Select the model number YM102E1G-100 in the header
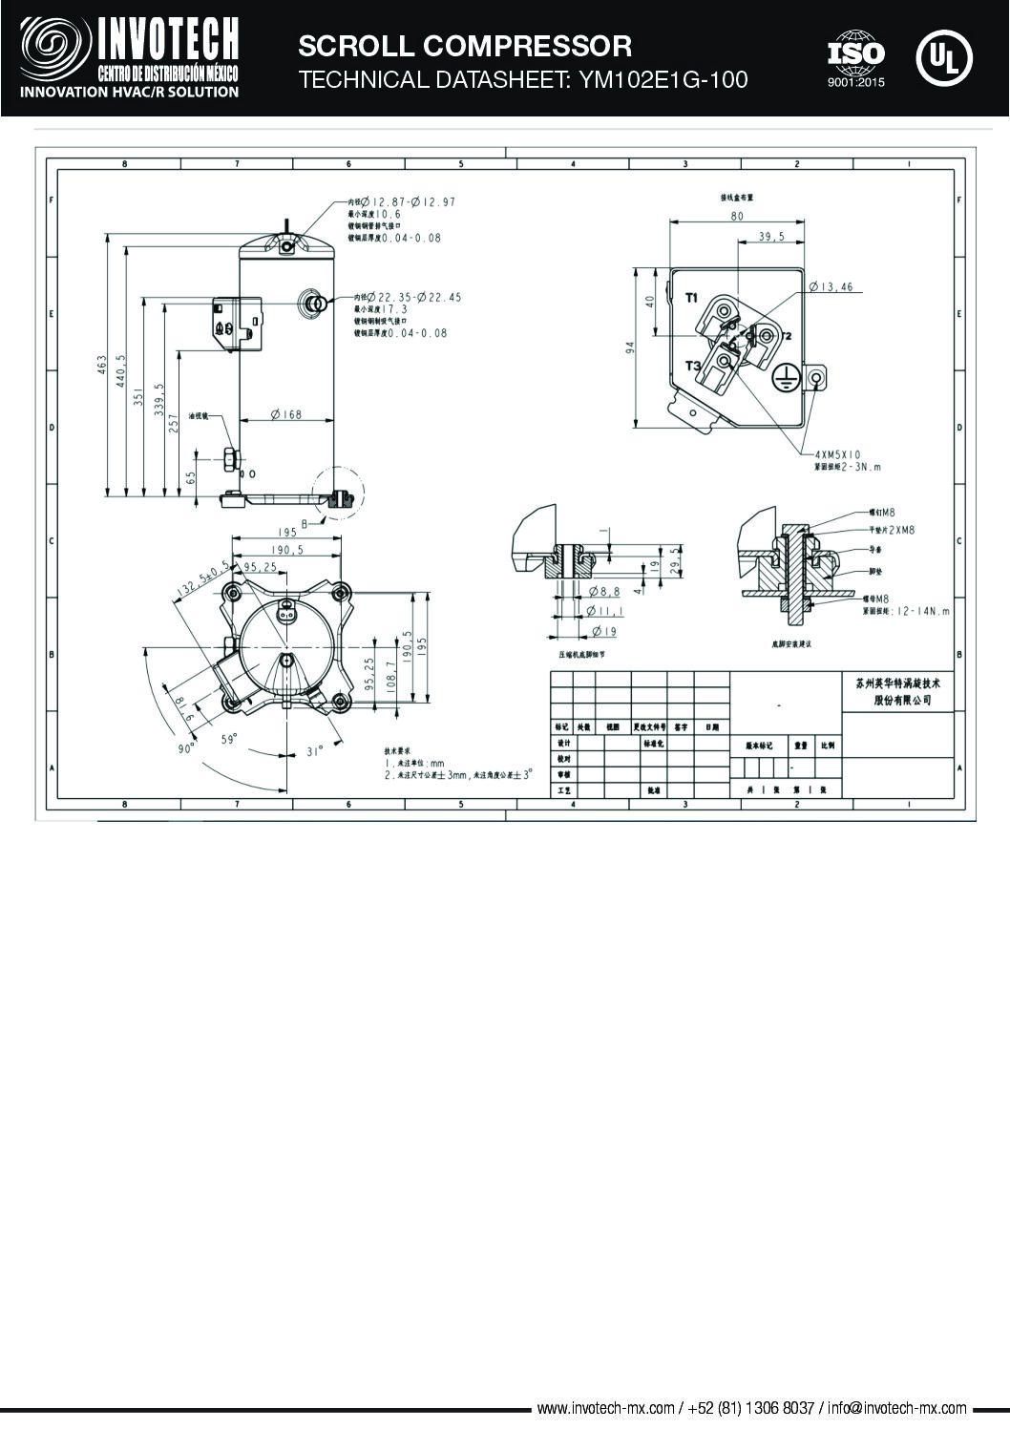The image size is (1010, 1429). pyautogui.click(x=660, y=80)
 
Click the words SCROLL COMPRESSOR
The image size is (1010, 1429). pyautogui.click(x=465, y=46)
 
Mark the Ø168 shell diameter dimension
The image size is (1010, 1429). pyautogui.click(x=285, y=414)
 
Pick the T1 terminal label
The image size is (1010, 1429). pyautogui.click(x=692, y=298)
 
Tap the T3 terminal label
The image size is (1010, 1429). pyautogui.click(x=692, y=367)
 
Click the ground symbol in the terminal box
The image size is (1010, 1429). pyautogui.click(x=783, y=378)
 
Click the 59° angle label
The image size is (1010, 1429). pyautogui.click(x=228, y=739)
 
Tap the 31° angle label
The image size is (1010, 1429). pyautogui.click(x=315, y=751)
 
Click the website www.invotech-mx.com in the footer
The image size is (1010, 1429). pyautogui.click(x=606, y=1408)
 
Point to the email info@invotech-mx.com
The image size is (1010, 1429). pyautogui.click(x=896, y=1408)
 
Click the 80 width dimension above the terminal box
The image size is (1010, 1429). pyautogui.click(x=736, y=216)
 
